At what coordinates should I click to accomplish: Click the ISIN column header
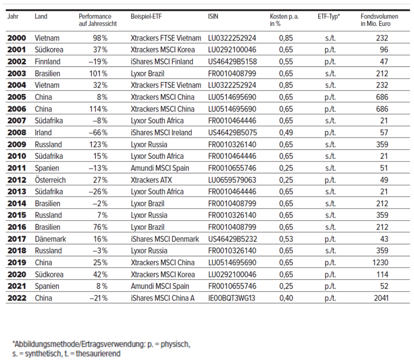coord(213,17)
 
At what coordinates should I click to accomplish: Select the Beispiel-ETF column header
coord(146,17)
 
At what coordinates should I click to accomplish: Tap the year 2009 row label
coord(17,144)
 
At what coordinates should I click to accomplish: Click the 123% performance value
coord(98,144)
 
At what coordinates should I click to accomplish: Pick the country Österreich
coord(50,180)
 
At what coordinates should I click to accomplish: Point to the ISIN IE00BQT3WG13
coord(231,298)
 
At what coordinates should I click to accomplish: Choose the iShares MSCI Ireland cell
coord(161,132)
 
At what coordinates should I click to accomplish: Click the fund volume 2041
coord(381,298)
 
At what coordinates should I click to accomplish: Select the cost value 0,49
coord(286,132)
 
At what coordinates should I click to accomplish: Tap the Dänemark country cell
coord(50,239)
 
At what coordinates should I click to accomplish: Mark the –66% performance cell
coord(98,132)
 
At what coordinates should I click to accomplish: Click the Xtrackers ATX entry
coord(151,180)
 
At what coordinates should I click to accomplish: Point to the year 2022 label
coord(17,298)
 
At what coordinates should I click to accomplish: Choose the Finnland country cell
coord(48,62)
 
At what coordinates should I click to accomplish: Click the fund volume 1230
coord(380,263)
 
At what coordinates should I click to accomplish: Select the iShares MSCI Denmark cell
coord(165,239)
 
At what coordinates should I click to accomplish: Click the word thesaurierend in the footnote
coord(98,354)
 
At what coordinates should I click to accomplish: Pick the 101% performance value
coord(98,73)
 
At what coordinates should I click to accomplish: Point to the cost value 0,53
coord(286,239)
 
